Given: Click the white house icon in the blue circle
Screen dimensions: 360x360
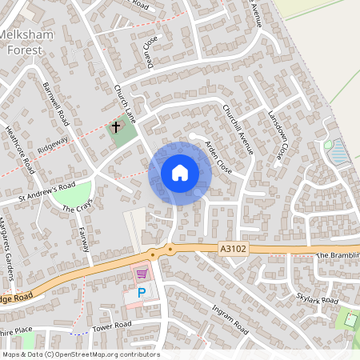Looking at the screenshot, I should [x=180, y=173].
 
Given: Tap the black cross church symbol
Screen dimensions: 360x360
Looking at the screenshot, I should [x=115, y=127].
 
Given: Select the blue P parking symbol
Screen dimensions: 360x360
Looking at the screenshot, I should [x=142, y=293].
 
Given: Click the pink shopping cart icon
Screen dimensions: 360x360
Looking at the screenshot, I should [x=142, y=274].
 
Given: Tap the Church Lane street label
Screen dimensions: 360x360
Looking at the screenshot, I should [x=126, y=104].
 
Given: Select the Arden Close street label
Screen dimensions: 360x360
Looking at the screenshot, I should [x=218, y=158].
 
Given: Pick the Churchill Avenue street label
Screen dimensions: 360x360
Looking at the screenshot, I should [x=238, y=129].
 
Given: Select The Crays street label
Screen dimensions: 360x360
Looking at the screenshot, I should [x=78, y=207].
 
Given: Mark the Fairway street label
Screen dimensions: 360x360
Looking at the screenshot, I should [x=83, y=238].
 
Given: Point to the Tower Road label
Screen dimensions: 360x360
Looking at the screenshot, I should [x=111, y=326].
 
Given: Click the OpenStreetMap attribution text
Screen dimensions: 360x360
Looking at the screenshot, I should [x=81, y=354].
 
